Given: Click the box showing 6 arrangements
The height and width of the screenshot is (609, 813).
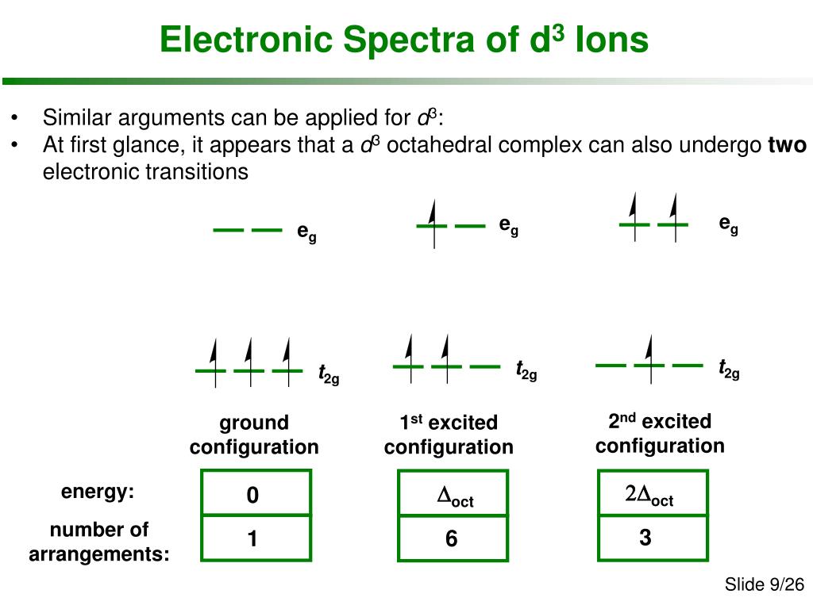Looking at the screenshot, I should pyautogui.click(x=451, y=539).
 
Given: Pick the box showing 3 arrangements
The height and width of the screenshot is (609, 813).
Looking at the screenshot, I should pyautogui.click(x=645, y=538).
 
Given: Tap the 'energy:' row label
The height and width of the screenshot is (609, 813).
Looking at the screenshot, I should pyautogui.click(x=98, y=492).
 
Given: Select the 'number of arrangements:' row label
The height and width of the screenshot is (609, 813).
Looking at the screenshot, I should pyautogui.click(x=99, y=542).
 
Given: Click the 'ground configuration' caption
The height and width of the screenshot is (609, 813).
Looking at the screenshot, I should pyautogui.click(x=254, y=435).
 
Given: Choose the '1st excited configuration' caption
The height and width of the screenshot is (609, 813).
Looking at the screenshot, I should pyautogui.click(x=449, y=435).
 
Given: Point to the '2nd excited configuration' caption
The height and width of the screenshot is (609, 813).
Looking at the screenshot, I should pyautogui.click(x=660, y=433).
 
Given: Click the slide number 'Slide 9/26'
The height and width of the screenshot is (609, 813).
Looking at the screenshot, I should pyautogui.click(x=764, y=585).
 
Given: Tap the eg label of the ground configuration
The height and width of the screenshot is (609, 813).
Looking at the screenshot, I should pyautogui.click(x=306, y=232).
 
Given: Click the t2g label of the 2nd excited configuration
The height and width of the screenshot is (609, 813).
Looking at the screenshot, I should pyautogui.click(x=729, y=370).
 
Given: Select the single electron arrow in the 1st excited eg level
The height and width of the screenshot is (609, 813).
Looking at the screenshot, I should pyautogui.click(x=433, y=224).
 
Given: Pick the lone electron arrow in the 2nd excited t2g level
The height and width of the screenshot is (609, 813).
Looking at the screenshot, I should pyautogui.click(x=649, y=358).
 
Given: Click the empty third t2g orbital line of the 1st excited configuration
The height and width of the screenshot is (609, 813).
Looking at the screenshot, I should pyautogui.click(x=484, y=366).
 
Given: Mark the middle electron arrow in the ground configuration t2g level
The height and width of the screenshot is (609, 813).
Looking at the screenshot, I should pyautogui.click(x=249, y=362).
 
